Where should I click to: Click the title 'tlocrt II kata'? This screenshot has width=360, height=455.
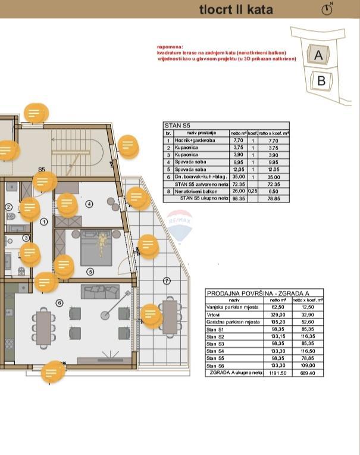click(236, 10)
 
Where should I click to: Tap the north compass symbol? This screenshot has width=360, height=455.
click(327, 9)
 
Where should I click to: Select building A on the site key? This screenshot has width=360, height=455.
click(318, 55)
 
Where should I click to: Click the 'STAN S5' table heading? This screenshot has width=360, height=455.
click(178, 126)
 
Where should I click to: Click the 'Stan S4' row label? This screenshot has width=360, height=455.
click(215, 351)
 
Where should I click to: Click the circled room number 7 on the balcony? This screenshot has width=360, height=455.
click(167, 281)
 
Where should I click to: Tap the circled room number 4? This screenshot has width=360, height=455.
click(89, 204)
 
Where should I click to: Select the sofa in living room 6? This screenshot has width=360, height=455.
click(101, 292)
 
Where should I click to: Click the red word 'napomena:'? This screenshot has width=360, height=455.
click(170, 46)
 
